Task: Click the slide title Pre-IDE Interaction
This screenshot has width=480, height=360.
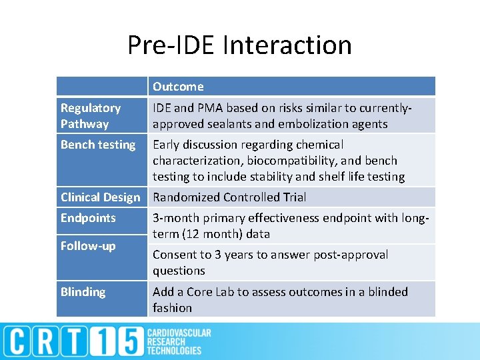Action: [x=240, y=45]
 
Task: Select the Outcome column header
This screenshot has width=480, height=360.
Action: [x=178, y=87]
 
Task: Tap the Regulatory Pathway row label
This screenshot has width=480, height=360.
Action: [x=91, y=115]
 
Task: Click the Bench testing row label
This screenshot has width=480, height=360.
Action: [x=98, y=145]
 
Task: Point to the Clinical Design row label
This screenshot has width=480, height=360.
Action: [x=101, y=197]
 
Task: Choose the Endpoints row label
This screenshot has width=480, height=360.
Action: [x=88, y=218]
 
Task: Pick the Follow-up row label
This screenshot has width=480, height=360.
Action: [x=88, y=246]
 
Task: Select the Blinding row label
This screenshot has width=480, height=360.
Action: [x=83, y=292]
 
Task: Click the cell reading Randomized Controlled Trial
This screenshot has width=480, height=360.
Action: [x=229, y=197]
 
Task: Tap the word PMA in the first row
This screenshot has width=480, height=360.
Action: [x=209, y=108]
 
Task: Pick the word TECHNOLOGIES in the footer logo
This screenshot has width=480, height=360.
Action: [x=174, y=351]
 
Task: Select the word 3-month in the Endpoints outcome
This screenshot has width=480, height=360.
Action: [x=174, y=218]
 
